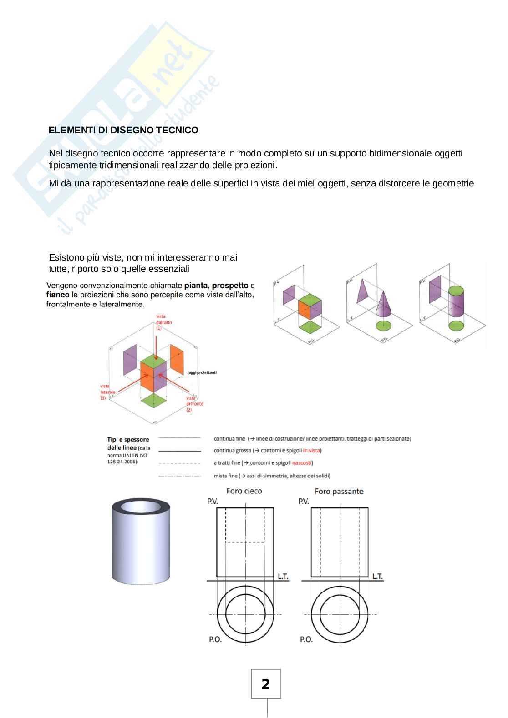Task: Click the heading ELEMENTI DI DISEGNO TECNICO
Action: (123, 130)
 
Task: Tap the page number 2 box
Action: (266, 684)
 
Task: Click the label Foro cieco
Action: (244, 491)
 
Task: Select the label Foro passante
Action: (339, 491)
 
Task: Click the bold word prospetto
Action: (230, 286)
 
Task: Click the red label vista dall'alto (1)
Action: (160, 322)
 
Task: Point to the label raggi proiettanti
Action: (202, 372)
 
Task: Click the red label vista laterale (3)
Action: (108, 392)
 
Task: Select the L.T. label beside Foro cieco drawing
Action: (283, 576)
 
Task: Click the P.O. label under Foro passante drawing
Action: (306, 639)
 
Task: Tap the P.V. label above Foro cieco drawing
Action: (212, 501)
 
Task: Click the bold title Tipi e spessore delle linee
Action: (127, 443)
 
